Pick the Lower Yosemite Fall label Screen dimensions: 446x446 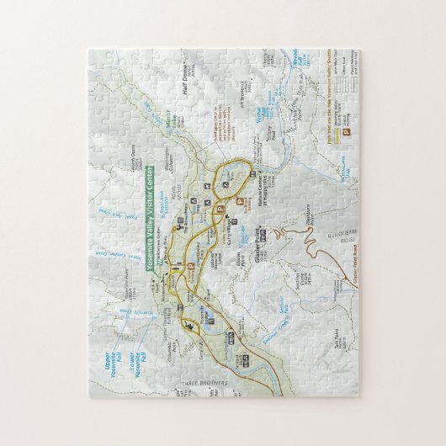coord(126,358)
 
